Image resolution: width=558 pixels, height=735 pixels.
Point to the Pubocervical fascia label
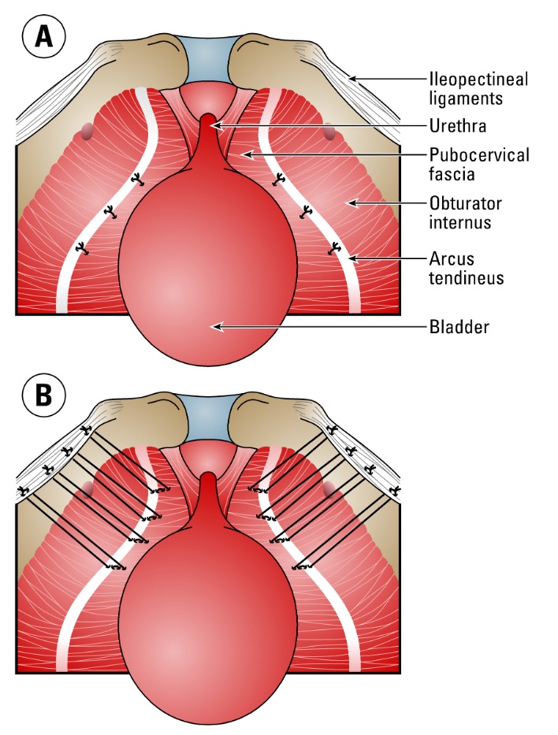(x=478, y=165)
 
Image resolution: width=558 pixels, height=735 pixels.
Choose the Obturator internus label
(x=466, y=213)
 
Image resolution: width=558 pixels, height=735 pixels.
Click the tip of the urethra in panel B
(x=208, y=477)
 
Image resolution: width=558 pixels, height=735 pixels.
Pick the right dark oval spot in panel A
(x=329, y=131)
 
